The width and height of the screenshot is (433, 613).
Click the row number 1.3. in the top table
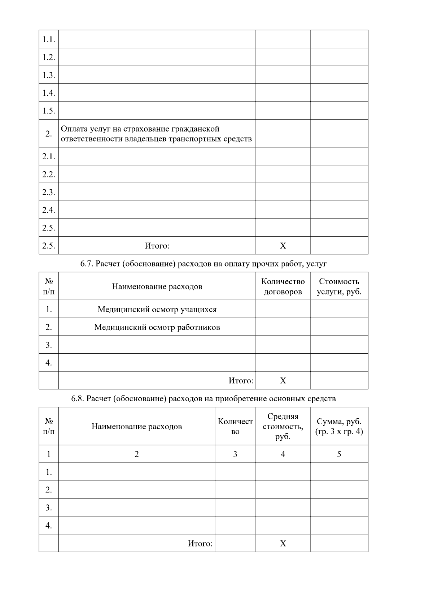pos(49,75)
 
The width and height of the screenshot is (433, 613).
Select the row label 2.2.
pos(49,174)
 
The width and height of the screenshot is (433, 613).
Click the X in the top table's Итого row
pos(283,246)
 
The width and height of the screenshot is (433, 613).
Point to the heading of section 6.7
pos(204,264)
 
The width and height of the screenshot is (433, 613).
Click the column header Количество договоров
pos(283,286)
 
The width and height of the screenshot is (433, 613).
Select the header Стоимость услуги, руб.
pos(339,286)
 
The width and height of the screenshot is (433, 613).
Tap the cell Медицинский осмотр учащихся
pos(157,310)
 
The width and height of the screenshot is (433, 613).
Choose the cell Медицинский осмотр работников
pos(157,327)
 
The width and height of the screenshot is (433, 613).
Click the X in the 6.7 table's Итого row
pos(283,380)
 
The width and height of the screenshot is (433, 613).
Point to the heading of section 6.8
pos(204,399)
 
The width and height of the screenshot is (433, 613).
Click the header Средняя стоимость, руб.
pos(283,427)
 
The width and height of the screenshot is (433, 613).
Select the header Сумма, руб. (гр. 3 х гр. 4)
pos(339,427)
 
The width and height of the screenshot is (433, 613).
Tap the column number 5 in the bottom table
pos(339,454)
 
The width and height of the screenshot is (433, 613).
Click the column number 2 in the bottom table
pos(137,454)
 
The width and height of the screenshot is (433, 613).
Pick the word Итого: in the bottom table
pos(200,544)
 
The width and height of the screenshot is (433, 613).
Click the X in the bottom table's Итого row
pos(283,544)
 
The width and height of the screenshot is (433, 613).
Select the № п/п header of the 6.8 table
pos(49,427)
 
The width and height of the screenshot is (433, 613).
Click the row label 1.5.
pos(49,111)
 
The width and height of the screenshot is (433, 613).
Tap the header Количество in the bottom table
pos(235,427)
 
